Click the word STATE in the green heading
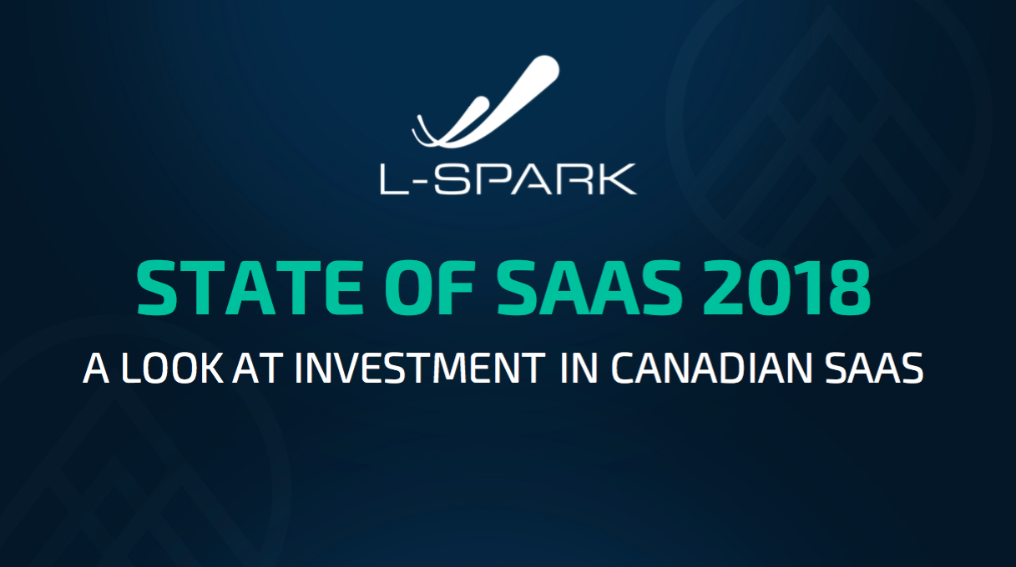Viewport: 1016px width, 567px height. click(x=250, y=288)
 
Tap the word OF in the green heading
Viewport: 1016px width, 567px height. click(x=430, y=288)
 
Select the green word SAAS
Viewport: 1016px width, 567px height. click(x=590, y=288)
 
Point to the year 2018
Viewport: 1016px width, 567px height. click(x=787, y=288)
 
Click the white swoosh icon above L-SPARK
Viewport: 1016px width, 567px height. click(x=486, y=102)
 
